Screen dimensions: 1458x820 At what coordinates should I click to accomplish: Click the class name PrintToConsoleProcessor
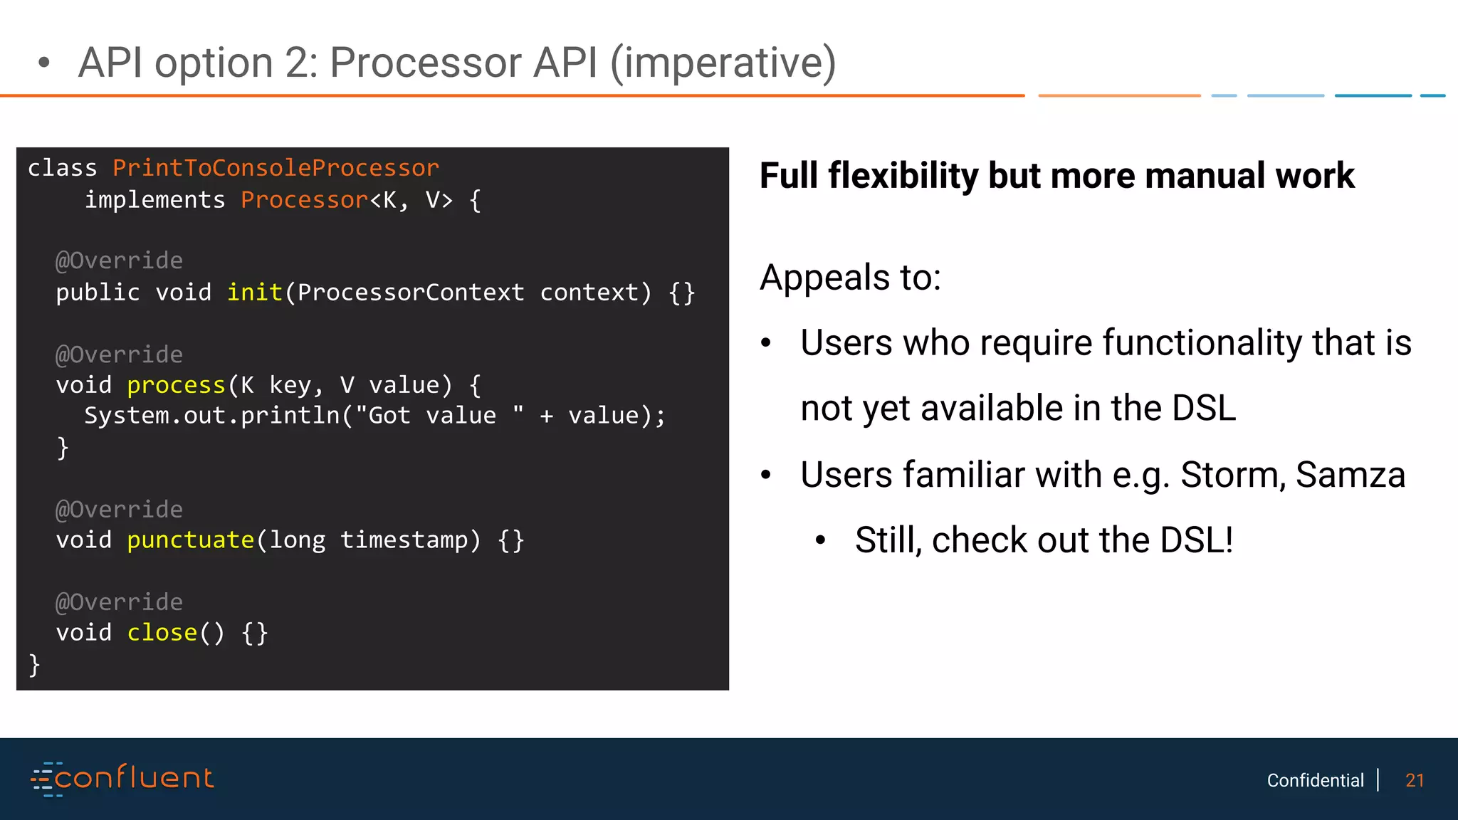(x=276, y=168)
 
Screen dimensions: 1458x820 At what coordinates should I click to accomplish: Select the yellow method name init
(x=254, y=293)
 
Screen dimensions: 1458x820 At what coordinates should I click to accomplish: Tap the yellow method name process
(x=176, y=385)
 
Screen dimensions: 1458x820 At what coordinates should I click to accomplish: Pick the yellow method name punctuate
(x=190, y=540)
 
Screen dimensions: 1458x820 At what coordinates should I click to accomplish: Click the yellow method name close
(x=162, y=633)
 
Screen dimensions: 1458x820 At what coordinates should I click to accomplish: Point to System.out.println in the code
(x=211, y=416)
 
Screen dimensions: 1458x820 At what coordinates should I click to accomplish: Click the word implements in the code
(x=154, y=200)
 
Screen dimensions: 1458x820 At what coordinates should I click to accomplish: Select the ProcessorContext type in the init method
(x=411, y=293)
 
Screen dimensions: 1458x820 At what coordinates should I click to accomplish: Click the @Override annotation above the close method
(x=119, y=602)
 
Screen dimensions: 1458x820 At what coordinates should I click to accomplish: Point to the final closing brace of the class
(x=34, y=664)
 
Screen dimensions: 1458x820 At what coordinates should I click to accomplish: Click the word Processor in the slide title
(x=425, y=63)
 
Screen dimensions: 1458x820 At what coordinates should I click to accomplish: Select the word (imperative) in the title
(x=723, y=63)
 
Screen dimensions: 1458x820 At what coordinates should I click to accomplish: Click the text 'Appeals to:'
(x=850, y=277)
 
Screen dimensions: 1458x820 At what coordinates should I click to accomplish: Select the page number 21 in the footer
(x=1415, y=781)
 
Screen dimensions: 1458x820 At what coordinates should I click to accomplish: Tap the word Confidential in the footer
(x=1315, y=781)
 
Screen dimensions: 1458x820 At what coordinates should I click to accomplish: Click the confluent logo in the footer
(x=122, y=779)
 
